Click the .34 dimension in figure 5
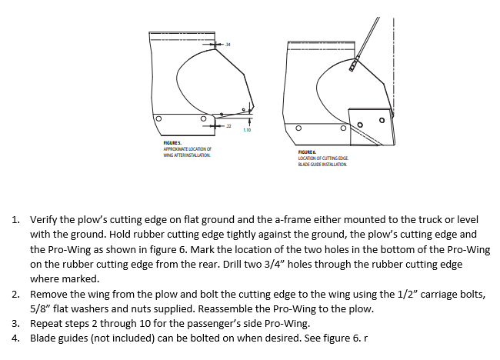pos(228,45)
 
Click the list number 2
pos(17,294)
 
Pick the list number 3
pos(17,323)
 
